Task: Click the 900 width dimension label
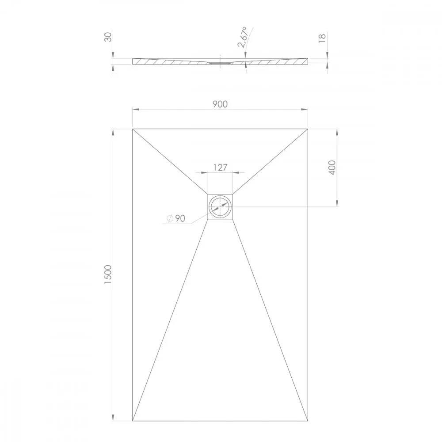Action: pyautogui.click(x=220, y=104)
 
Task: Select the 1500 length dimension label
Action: pyautogui.click(x=108, y=274)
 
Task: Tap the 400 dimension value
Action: pyautogui.click(x=332, y=168)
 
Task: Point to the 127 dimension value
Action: pyautogui.click(x=220, y=168)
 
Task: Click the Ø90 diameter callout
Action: pyautogui.click(x=176, y=218)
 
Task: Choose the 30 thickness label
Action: pyautogui.click(x=108, y=37)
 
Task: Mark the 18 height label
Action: pyautogui.click(x=322, y=38)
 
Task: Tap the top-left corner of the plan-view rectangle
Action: pyautogui.click(x=133, y=129)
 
